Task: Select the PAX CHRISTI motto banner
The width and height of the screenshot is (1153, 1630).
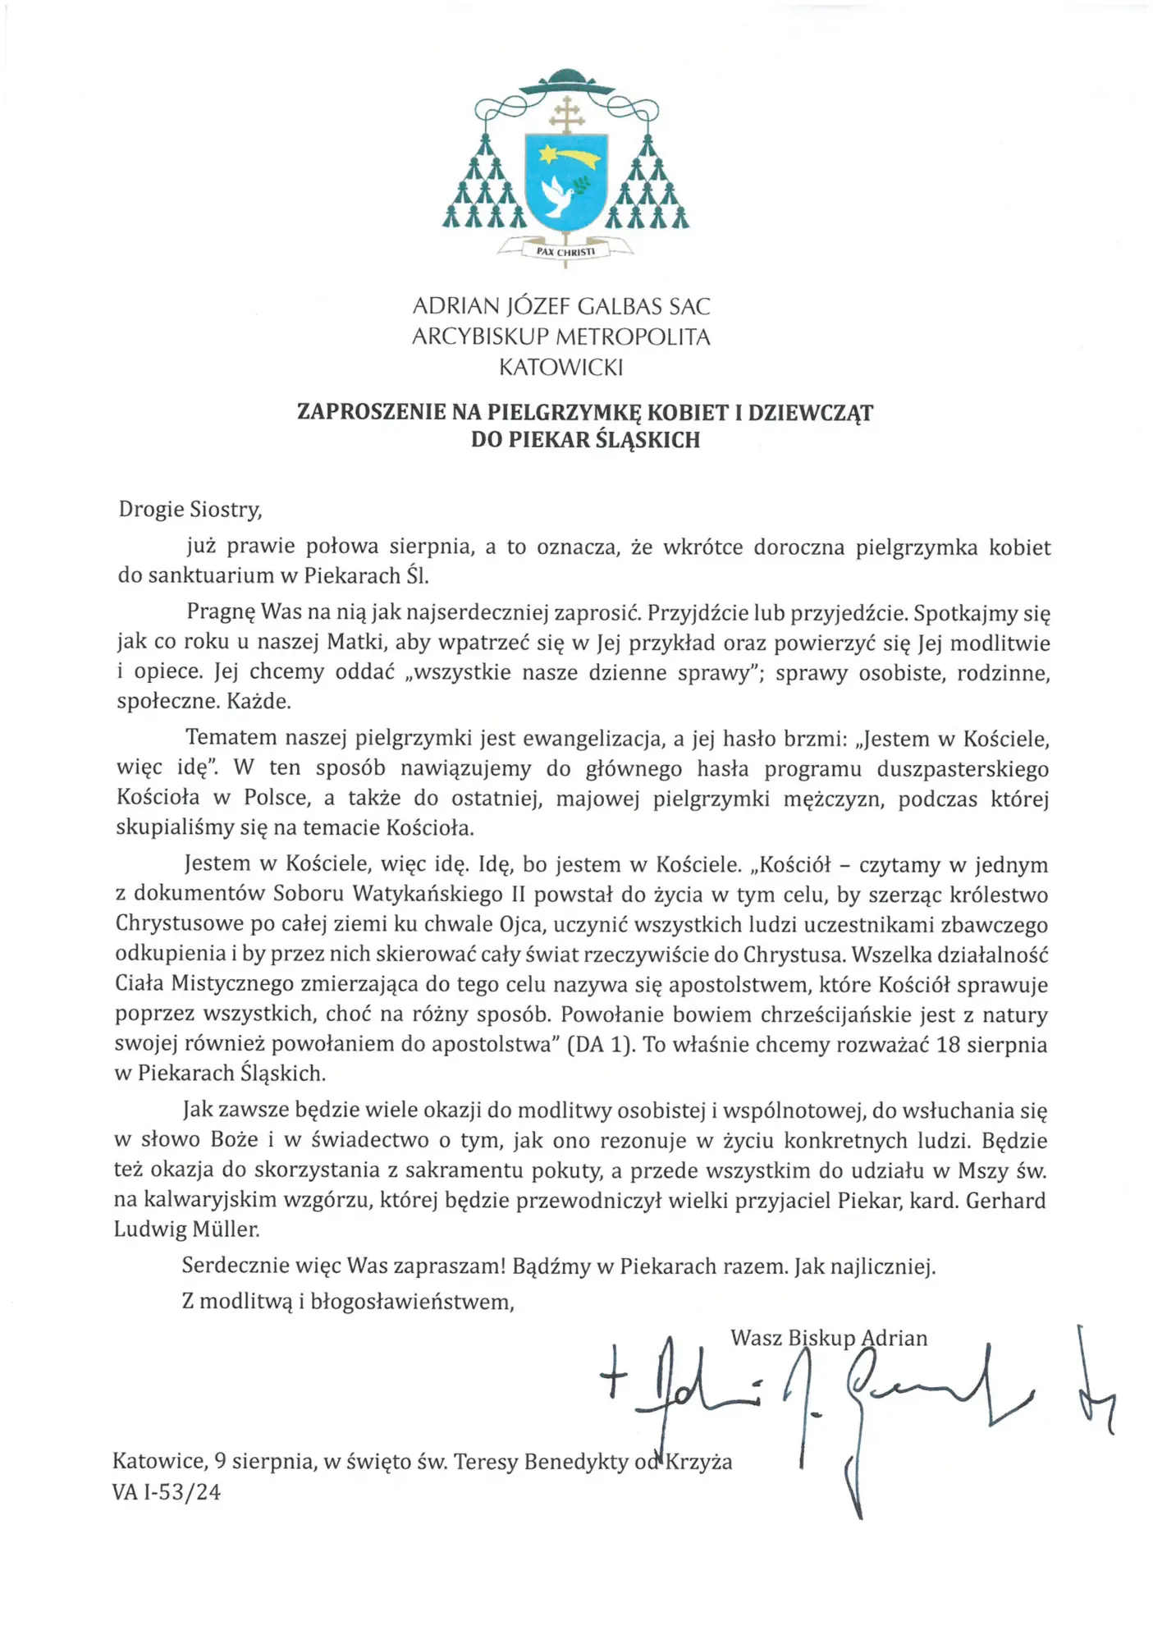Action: [565, 251]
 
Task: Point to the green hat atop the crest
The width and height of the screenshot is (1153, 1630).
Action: [566, 80]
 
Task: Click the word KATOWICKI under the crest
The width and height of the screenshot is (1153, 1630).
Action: [561, 367]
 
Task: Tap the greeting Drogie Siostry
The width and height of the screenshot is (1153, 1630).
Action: [190, 510]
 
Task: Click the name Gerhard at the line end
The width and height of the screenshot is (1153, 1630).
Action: [1005, 1201]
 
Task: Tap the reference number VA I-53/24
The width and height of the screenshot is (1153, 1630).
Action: [167, 1491]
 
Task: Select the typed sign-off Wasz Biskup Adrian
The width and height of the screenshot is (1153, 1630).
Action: [829, 1338]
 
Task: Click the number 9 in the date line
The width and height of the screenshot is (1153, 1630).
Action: [220, 1461]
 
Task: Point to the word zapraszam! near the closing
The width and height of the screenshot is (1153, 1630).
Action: [450, 1266]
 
